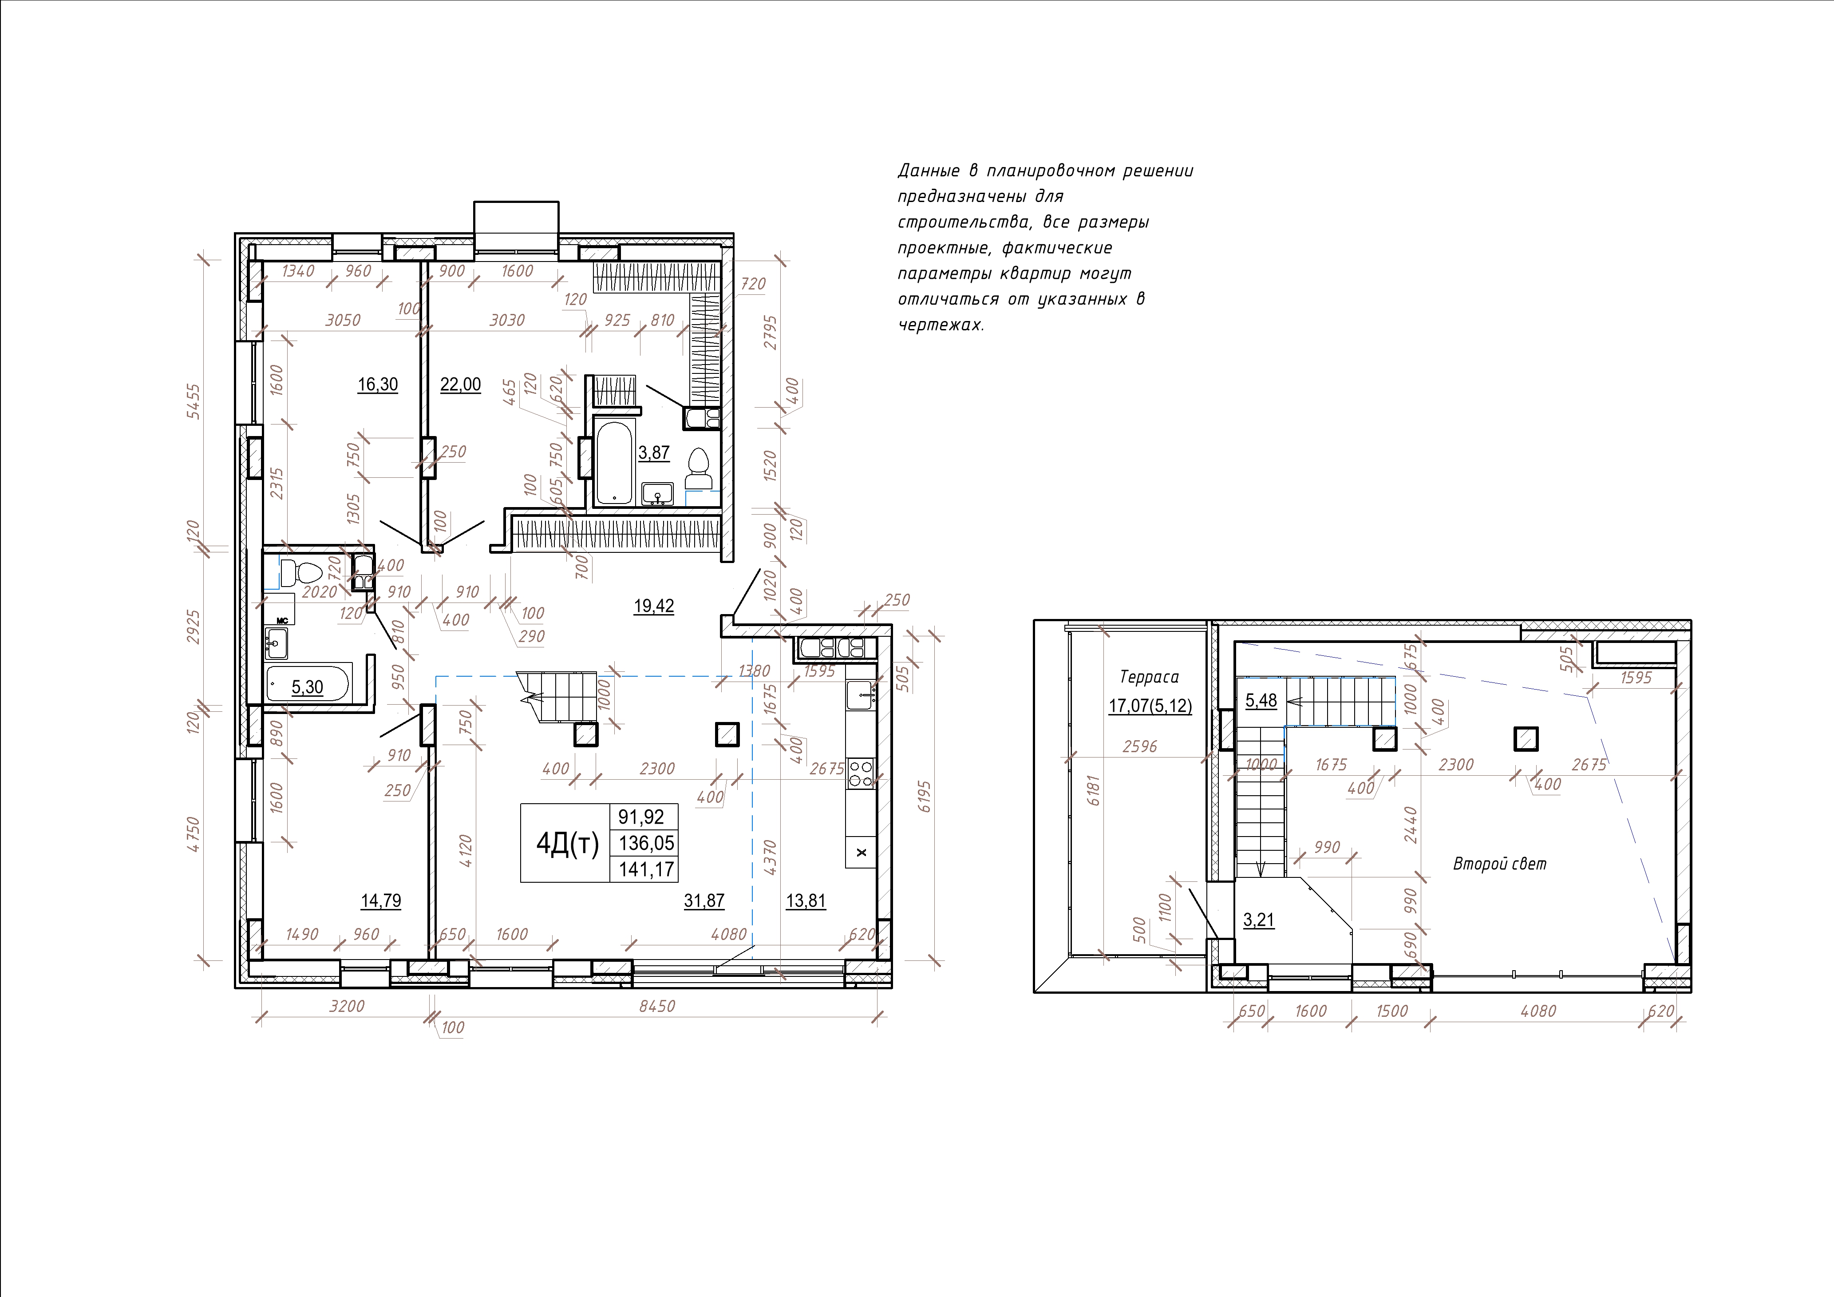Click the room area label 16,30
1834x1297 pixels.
pyautogui.click(x=378, y=385)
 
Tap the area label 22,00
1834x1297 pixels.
pyautogui.click(x=461, y=385)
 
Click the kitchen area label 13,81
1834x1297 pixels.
pyautogui.click(x=806, y=900)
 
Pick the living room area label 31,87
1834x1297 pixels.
pyautogui.click(x=704, y=900)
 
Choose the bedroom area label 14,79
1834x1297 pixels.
pyautogui.click(x=381, y=900)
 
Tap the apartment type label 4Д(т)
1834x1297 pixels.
pyautogui.click(x=567, y=843)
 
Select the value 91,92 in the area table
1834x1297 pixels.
pyautogui.click(x=641, y=817)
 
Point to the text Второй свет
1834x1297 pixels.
pyautogui.click(x=1500, y=864)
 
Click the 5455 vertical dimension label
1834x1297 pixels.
pyautogui.click(x=194, y=402)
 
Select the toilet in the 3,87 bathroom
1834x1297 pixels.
pyautogui.click(x=699, y=469)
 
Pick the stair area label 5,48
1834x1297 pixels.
pyautogui.click(x=1261, y=701)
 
